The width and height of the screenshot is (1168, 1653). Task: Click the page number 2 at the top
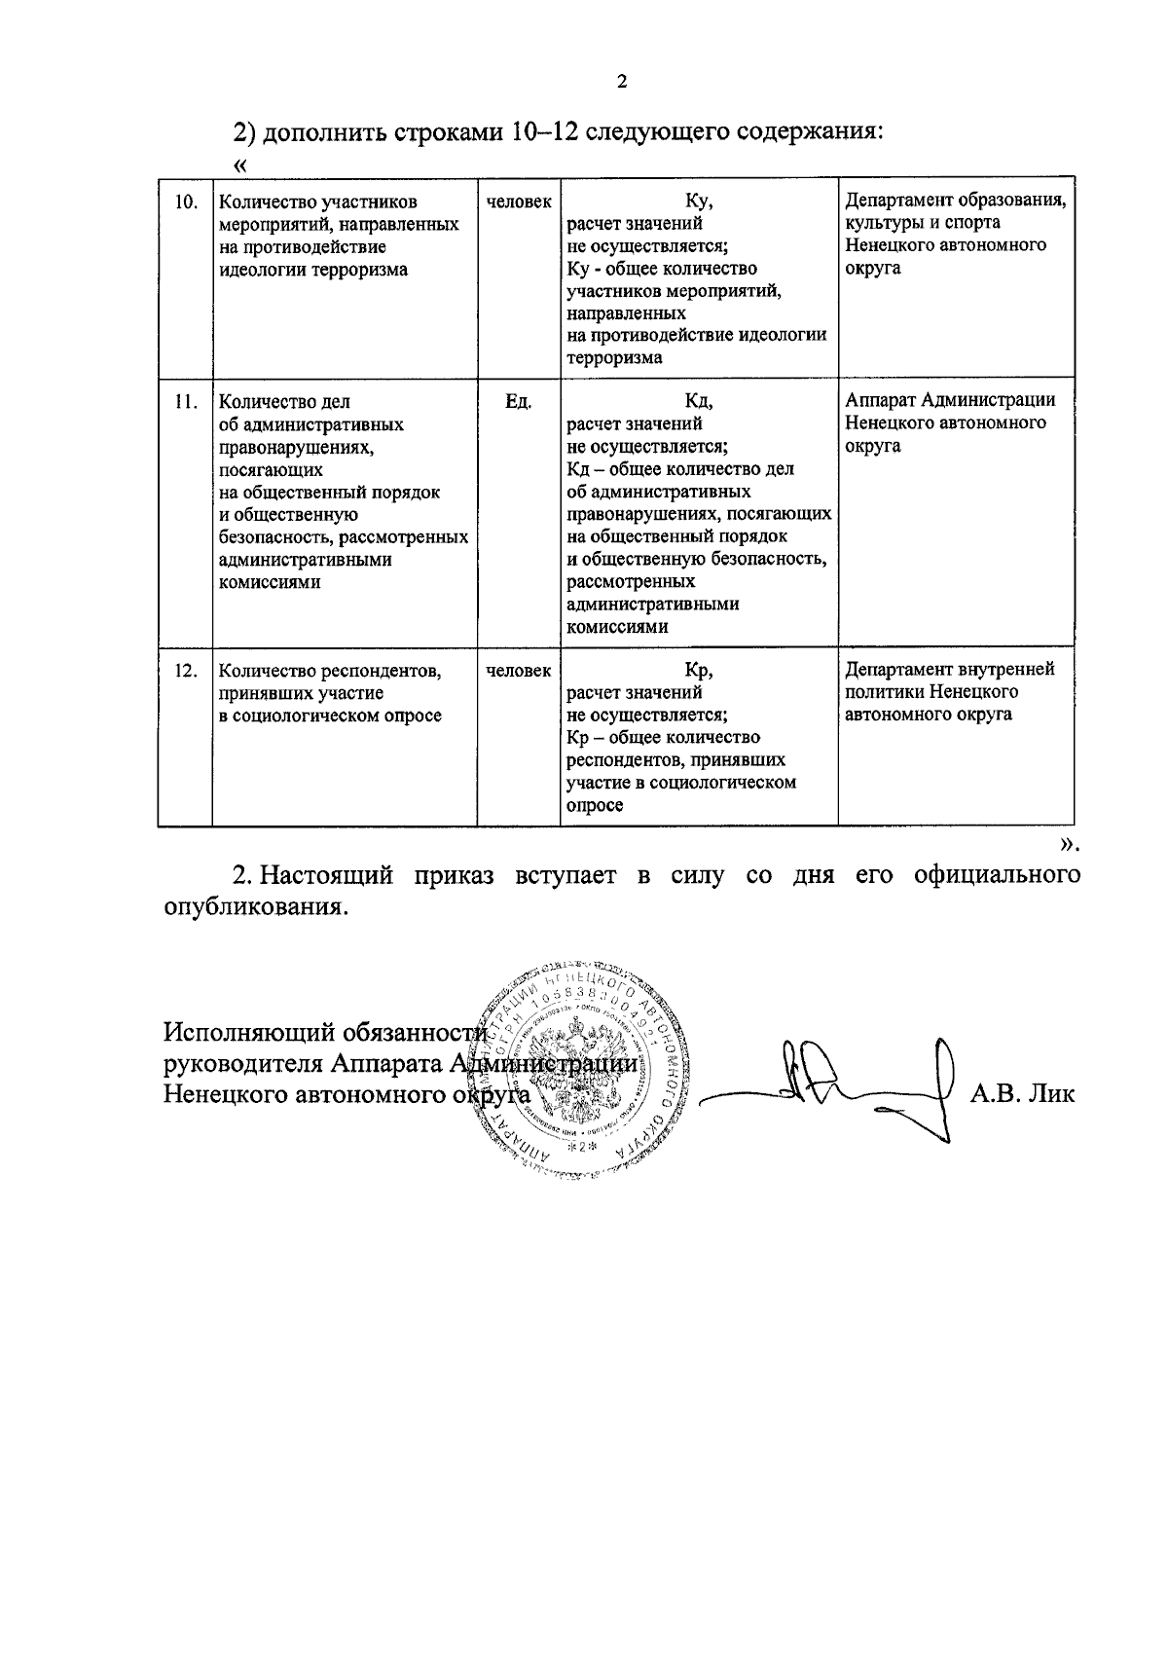[622, 82]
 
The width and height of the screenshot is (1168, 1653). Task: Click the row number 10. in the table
[185, 202]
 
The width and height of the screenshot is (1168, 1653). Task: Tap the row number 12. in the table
[185, 671]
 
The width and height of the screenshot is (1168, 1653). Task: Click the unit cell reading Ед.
[518, 401]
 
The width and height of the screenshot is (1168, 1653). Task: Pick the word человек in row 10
[518, 202]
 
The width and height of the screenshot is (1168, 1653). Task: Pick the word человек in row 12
[518, 671]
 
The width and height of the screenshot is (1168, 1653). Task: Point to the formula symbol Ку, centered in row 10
[699, 202]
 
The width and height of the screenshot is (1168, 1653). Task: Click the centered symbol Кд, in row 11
[699, 401]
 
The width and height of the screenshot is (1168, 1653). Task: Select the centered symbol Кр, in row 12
[699, 671]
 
